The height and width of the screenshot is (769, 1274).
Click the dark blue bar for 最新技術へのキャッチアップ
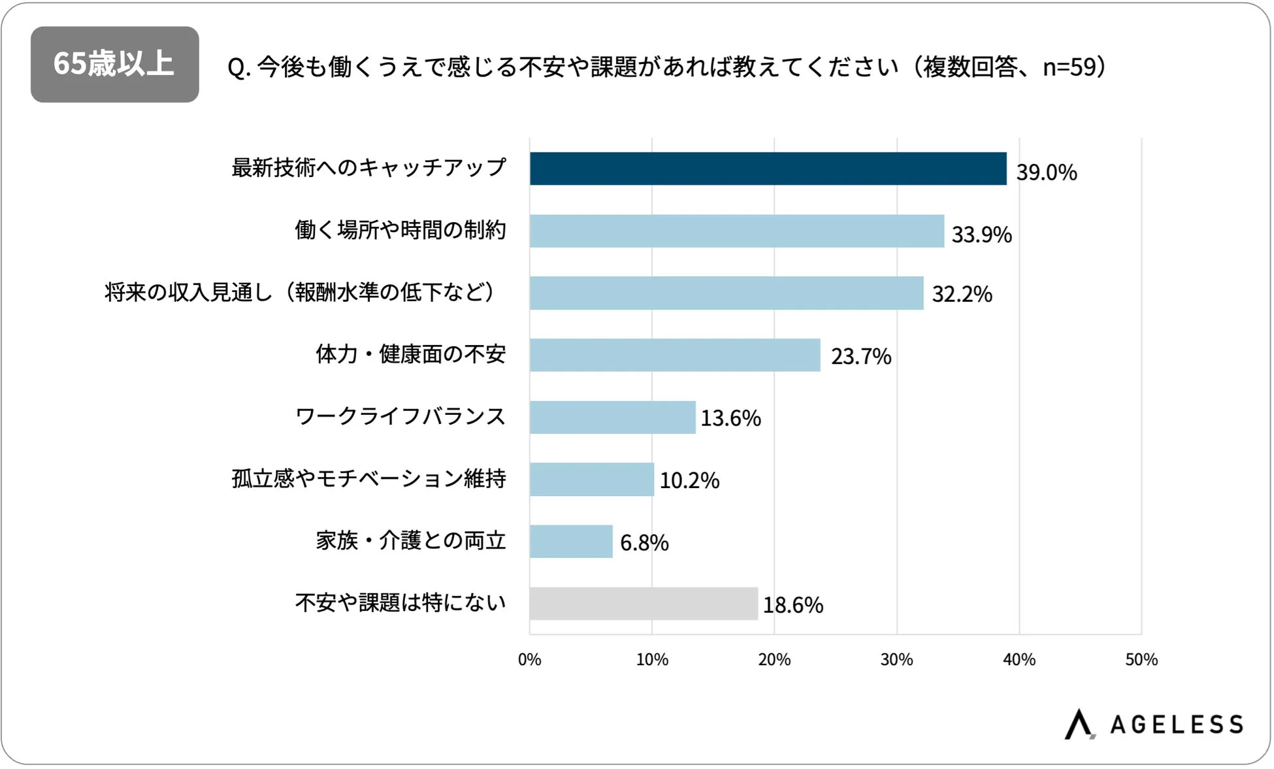tap(768, 169)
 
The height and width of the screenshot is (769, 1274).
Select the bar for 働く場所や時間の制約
tap(736, 231)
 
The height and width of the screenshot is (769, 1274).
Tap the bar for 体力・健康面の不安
tap(675, 355)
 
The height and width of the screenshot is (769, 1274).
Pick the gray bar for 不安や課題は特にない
tap(644, 603)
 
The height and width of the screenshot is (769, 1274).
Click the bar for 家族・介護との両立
tap(571, 541)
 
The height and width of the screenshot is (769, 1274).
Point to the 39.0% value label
tap(1046, 172)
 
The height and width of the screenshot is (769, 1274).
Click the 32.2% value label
tap(962, 294)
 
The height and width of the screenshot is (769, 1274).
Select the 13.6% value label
tap(730, 418)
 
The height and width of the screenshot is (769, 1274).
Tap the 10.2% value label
tap(689, 480)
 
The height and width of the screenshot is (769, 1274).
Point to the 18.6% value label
tap(792, 605)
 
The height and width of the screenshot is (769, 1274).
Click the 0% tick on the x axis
tap(529, 659)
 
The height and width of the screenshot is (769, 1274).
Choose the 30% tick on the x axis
tap(896, 659)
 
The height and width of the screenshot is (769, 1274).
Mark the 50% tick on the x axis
tap(1141, 659)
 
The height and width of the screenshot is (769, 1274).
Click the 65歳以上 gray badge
tap(114, 64)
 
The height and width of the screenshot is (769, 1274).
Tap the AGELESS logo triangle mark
tap(1079, 724)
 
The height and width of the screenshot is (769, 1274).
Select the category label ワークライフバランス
tap(400, 416)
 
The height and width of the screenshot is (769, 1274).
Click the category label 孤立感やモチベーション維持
tap(368, 478)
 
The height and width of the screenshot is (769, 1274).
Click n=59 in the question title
tap(1069, 67)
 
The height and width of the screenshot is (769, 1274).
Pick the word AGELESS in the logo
tap(1177, 725)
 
